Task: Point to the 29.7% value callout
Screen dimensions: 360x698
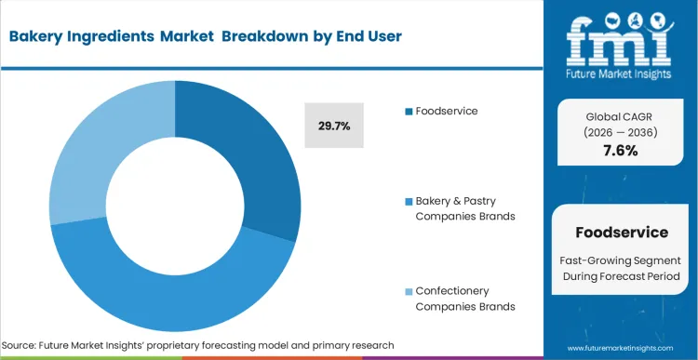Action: [334, 126]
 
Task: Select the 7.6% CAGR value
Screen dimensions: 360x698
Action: [620, 151]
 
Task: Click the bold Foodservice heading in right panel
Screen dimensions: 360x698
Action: [621, 232]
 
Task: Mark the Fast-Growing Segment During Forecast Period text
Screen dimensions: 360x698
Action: [621, 270]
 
